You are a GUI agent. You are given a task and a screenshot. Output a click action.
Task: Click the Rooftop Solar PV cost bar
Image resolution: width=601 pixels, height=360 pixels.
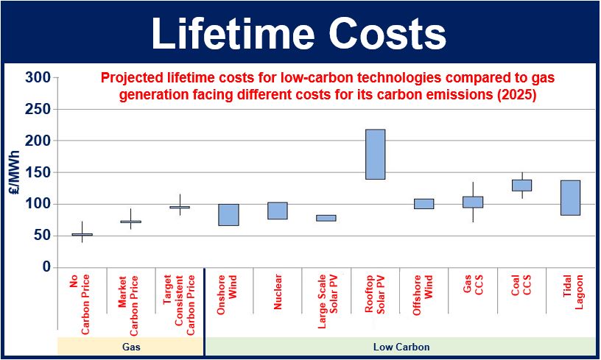[375, 155]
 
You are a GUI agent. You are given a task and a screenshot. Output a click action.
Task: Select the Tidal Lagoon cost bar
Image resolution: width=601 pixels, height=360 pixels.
[570, 197]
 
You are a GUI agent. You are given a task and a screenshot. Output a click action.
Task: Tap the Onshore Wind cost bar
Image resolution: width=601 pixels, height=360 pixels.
[228, 215]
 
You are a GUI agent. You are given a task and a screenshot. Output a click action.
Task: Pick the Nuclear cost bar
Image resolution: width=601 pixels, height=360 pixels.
[278, 211]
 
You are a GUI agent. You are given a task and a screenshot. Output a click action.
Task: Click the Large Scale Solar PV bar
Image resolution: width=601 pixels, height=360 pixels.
[326, 218]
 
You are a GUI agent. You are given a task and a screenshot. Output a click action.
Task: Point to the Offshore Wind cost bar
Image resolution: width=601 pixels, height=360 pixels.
[424, 204]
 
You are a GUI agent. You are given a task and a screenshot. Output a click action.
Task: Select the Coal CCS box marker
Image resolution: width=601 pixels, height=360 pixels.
[521, 186]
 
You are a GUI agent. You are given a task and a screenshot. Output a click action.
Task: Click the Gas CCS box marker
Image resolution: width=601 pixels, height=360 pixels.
[473, 202]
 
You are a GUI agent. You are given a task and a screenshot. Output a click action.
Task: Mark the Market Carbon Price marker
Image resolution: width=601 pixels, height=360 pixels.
[130, 222]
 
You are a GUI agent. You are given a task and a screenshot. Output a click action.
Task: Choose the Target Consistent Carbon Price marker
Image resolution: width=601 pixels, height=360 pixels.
[180, 207]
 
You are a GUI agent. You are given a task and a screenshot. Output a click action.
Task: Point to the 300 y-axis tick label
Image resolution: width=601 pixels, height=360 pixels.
[38, 77]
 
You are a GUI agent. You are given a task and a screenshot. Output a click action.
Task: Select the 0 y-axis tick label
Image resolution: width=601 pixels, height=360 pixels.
[46, 267]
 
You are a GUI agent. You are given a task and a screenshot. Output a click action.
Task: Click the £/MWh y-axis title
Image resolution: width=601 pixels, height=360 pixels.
[14, 172]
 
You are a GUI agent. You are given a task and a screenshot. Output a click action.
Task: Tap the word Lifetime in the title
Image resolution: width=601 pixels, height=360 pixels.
[233, 34]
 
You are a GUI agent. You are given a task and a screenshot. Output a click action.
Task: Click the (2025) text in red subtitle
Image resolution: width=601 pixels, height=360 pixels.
[517, 94]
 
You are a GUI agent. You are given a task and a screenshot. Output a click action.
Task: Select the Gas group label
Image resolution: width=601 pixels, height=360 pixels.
[131, 347]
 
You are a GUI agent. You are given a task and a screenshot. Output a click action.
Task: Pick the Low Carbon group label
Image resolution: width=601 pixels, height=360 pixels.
[401, 347]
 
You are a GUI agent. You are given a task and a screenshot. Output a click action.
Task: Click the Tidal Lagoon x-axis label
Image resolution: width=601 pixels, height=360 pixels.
[573, 292]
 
